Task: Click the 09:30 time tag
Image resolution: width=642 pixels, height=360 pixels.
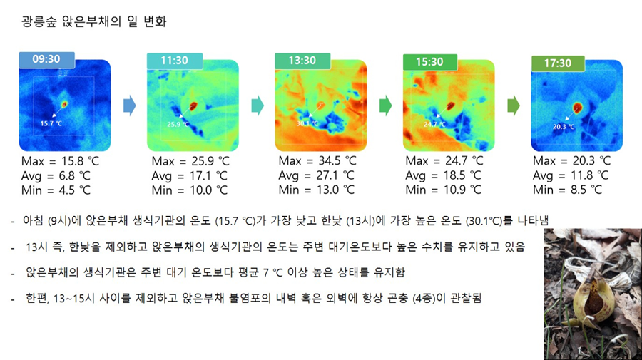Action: click(x=46, y=60)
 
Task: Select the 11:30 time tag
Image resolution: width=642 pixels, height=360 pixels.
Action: click(x=175, y=61)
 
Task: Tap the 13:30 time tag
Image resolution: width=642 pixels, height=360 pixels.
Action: click(x=302, y=61)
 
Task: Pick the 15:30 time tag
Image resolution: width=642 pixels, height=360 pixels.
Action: click(x=430, y=62)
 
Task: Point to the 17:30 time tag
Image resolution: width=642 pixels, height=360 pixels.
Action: click(x=558, y=63)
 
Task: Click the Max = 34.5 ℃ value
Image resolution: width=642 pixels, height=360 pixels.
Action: click(x=317, y=161)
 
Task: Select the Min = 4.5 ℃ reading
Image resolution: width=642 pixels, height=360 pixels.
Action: click(x=56, y=190)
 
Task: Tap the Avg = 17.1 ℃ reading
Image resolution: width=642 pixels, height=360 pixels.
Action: click(x=189, y=176)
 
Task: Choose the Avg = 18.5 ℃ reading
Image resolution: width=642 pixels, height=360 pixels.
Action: click(x=443, y=175)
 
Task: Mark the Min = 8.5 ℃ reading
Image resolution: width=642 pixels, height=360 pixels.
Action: click(x=568, y=190)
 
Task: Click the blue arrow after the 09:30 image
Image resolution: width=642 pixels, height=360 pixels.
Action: click(x=129, y=106)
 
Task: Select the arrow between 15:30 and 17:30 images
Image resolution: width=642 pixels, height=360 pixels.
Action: click(x=514, y=106)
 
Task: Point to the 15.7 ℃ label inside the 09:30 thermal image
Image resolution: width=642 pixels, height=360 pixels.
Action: click(x=51, y=123)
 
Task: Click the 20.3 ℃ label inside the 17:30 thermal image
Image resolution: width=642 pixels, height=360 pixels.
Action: click(x=564, y=127)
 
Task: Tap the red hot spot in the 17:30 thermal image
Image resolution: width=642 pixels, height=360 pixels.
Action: click(x=577, y=108)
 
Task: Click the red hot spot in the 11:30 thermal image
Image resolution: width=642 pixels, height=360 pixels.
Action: click(x=193, y=106)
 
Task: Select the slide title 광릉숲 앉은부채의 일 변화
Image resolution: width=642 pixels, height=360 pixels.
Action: click(x=93, y=21)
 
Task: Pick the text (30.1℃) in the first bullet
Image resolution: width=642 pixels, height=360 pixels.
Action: click(x=484, y=221)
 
